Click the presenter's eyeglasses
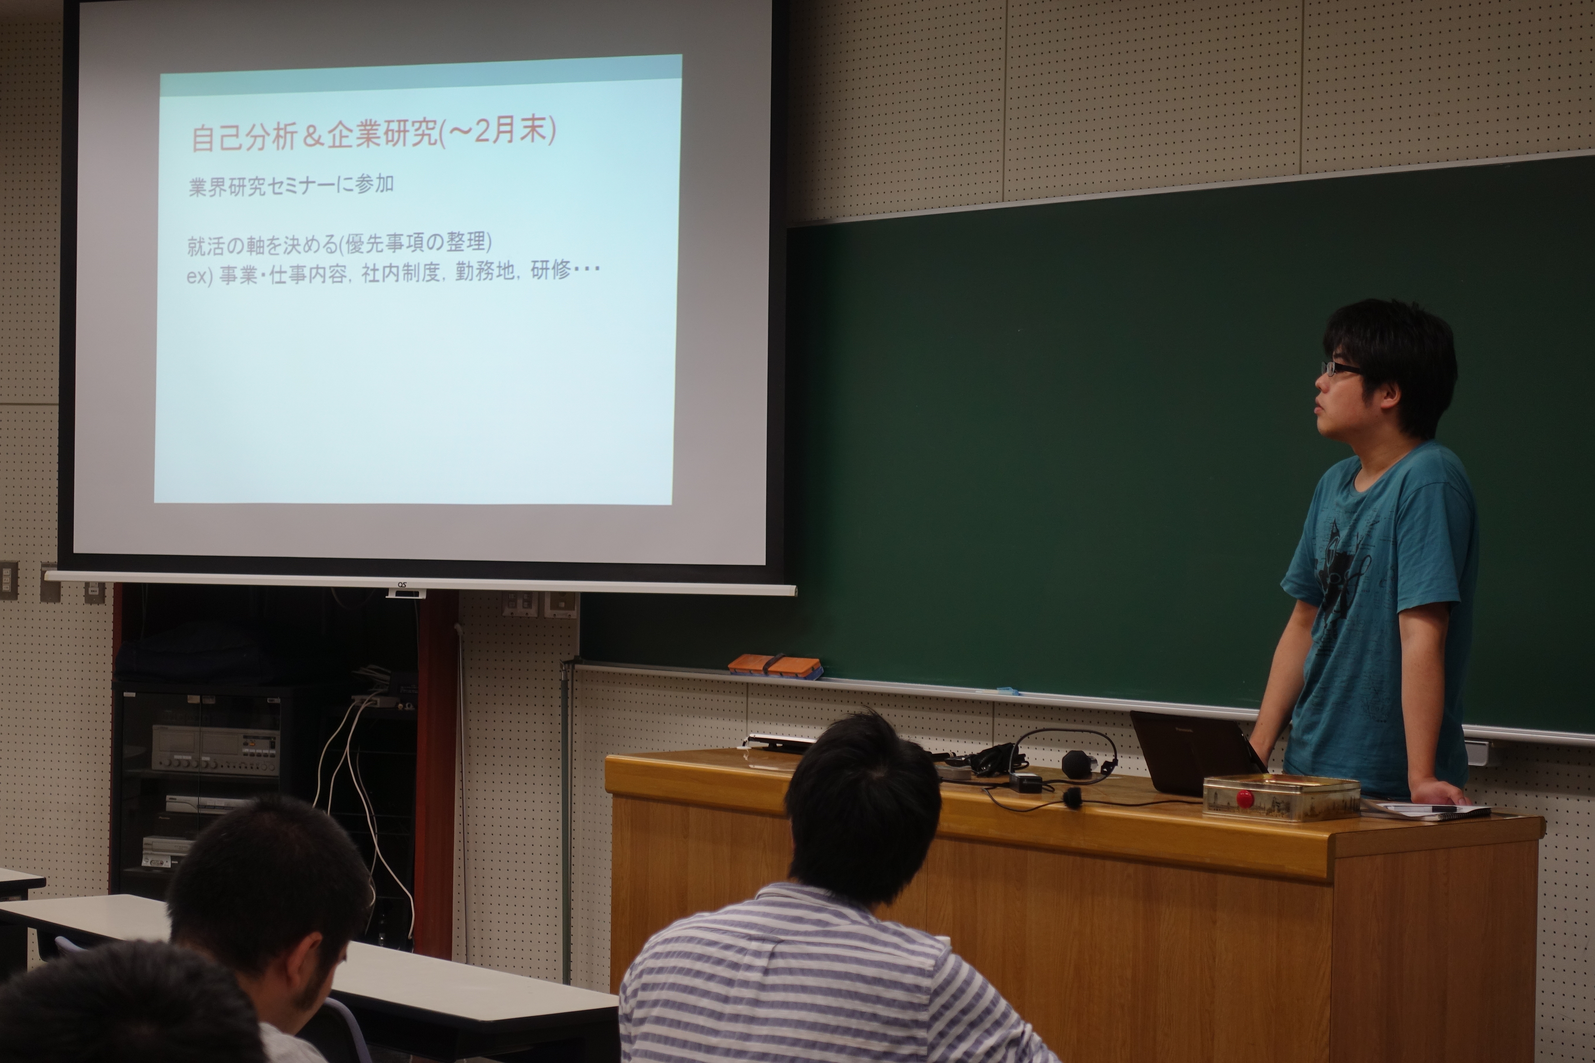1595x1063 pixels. pyautogui.click(x=1339, y=368)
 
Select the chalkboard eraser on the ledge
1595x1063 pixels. pyautogui.click(x=774, y=666)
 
